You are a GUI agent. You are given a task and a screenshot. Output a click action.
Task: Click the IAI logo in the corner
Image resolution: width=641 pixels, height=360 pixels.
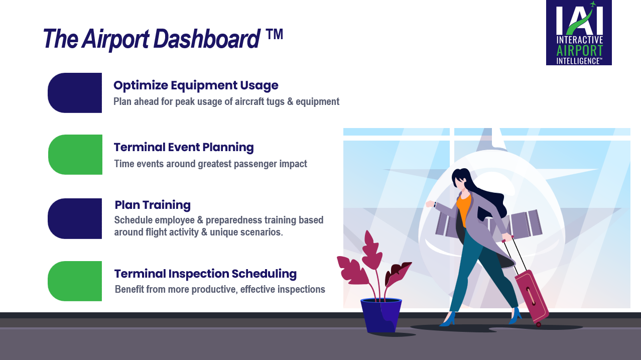[x=578, y=33]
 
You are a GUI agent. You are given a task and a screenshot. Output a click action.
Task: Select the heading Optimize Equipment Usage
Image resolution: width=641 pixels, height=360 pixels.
[x=196, y=85]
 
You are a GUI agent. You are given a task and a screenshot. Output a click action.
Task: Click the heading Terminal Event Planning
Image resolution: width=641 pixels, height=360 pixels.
[x=184, y=147]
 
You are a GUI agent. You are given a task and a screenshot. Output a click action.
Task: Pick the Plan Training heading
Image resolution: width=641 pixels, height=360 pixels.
[x=153, y=205]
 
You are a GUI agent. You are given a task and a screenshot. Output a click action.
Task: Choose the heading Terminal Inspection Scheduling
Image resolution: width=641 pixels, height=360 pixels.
[x=205, y=274]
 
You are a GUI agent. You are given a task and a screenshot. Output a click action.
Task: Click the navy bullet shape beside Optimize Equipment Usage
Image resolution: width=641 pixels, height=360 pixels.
[x=75, y=93]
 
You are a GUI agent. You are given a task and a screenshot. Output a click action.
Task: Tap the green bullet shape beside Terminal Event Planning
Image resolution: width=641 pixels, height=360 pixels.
[x=75, y=155]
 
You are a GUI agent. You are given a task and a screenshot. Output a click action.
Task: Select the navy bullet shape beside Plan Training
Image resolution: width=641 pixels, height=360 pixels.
[x=75, y=218]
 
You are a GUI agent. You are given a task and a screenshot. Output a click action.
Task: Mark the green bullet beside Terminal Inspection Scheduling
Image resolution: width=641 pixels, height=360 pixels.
[x=75, y=281]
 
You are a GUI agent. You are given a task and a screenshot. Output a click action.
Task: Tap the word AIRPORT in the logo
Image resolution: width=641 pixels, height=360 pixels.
[x=579, y=51]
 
